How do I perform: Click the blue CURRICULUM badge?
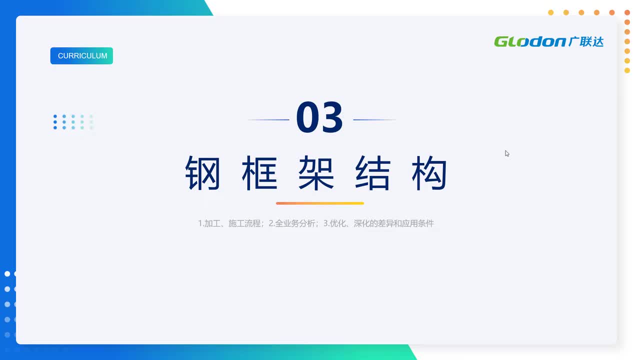[81, 55]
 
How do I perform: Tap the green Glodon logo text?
[530, 41]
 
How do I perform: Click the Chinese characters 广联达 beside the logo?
[586, 41]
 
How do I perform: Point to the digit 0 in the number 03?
[307, 117]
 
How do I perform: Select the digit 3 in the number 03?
[331, 117]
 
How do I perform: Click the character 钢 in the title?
[202, 173]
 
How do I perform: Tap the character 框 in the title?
[259, 173]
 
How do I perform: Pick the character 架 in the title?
[316, 173]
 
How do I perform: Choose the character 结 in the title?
[372, 173]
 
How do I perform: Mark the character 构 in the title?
[429, 173]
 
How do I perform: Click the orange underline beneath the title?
[320, 203]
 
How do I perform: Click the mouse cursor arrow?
[507, 153]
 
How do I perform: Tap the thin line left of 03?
[268, 119]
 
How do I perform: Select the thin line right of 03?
[374, 119]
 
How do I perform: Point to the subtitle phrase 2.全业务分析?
[292, 223]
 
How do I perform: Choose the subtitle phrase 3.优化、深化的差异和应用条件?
[378, 223]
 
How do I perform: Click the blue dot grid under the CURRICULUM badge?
[73, 122]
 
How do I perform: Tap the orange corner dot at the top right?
[627, 12]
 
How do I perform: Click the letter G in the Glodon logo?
[500, 41]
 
